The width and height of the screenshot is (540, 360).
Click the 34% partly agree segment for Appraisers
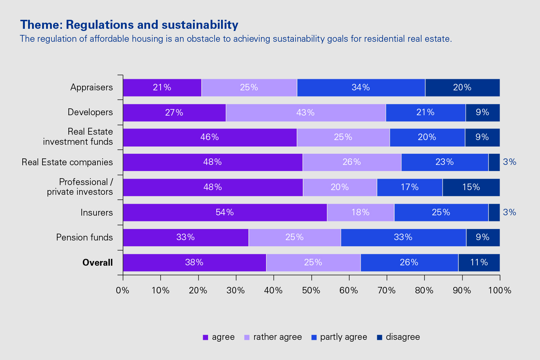tap(361, 87)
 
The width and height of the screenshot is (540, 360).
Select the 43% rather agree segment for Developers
tap(306, 113)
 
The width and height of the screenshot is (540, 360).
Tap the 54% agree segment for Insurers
tap(225, 212)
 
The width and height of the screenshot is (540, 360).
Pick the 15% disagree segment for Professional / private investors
tap(471, 187)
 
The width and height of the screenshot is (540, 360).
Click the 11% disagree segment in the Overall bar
tap(479, 262)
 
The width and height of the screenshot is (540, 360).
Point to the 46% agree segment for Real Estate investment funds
tap(210, 137)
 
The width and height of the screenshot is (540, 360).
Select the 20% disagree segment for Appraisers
tap(462, 87)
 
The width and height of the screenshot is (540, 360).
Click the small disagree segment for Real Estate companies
tap(494, 162)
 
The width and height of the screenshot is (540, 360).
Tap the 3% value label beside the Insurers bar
tap(509, 212)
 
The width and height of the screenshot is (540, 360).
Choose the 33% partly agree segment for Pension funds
tap(403, 237)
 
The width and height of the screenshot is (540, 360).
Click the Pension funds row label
tap(85, 238)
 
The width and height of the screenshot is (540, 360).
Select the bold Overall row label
tap(98, 263)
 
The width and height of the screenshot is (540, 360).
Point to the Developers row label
tap(90, 112)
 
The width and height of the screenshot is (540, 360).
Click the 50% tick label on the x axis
tap(311, 291)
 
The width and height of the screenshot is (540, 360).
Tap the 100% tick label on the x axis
tap(500, 291)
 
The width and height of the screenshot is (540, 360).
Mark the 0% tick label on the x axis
tap(123, 291)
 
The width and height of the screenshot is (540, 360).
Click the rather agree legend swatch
tap(247, 337)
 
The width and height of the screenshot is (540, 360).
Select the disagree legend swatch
tap(379, 337)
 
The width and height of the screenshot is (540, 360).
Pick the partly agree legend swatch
tap(314, 337)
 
